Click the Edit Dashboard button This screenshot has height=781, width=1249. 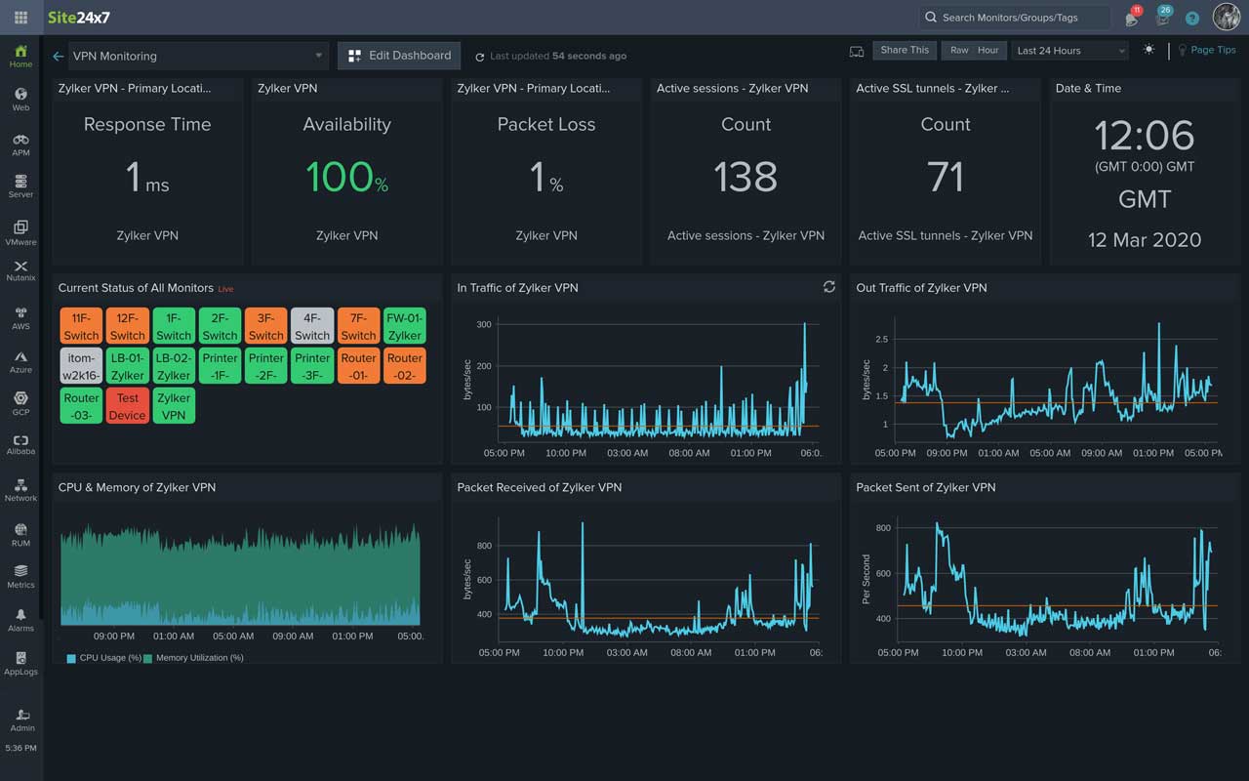399,56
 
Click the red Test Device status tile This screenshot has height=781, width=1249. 128,406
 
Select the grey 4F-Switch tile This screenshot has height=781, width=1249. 312,326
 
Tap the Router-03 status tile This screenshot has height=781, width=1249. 81,406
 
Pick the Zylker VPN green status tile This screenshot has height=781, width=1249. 174,406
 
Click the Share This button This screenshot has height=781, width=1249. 905,51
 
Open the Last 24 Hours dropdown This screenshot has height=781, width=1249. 1069,51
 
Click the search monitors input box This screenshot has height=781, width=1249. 1015,18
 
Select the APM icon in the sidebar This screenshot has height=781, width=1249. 20,144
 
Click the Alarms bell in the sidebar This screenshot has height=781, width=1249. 20,620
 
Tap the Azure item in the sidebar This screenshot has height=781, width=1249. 20,361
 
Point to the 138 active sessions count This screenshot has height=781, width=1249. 745,177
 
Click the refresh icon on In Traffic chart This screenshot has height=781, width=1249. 828,287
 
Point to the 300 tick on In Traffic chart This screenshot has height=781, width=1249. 484,325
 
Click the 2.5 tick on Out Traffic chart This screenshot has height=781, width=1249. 881,340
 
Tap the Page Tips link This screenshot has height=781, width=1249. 1212,50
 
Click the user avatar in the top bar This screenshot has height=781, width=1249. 1226,17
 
